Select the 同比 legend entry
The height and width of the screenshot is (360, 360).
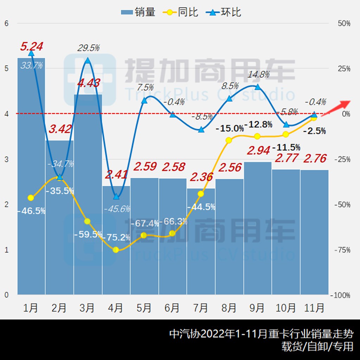click(181, 12)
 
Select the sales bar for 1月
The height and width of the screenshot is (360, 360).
click(31, 176)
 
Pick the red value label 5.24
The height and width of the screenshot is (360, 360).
click(32, 46)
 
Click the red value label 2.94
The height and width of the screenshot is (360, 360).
click(259, 150)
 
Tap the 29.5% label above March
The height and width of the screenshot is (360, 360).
click(89, 48)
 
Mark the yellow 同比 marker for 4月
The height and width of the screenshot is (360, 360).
click(116, 250)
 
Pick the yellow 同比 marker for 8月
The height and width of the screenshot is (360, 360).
click(229, 140)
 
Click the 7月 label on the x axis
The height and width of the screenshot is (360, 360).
click(200, 308)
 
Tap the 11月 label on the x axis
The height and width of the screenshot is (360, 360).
click(314, 308)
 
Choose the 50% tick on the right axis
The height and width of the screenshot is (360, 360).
click(344, 24)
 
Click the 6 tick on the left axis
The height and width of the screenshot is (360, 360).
click(6, 24)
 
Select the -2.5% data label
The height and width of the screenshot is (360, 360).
click(316, 131)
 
